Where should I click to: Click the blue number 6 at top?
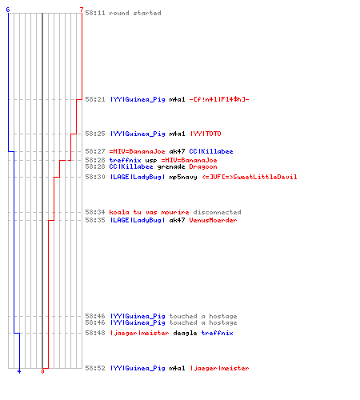8,10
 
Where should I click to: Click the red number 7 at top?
82,10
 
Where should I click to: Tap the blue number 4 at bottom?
19,371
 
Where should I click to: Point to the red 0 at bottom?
42,371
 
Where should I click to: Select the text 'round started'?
135,13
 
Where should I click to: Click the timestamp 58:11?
95,13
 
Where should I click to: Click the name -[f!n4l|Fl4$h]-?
219,99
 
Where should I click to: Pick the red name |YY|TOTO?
206,134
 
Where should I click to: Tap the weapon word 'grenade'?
171,167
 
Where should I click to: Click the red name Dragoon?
203,167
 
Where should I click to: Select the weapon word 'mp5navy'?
183,177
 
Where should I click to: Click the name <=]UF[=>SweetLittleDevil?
250,177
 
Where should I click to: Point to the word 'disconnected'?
217,212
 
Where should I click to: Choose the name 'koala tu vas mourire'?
149,212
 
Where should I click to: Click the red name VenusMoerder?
213,220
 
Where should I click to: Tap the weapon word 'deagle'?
185,333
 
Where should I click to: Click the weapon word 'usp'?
151,161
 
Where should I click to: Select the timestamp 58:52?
95,368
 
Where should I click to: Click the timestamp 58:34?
95,212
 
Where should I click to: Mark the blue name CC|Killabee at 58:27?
211,151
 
